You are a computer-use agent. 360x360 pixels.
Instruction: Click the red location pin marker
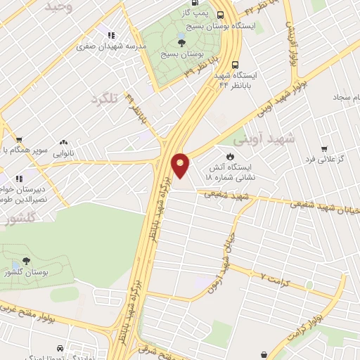[181, 165]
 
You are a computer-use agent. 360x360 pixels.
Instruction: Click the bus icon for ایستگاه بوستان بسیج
[221, 14]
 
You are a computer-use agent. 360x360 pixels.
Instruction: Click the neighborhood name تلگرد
[104, 98]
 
